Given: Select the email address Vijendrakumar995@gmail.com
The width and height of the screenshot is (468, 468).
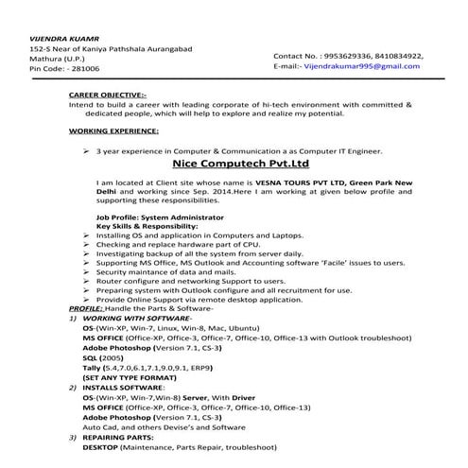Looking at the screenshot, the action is (x=360, y=66).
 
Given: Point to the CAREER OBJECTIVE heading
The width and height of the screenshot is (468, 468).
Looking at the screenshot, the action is (x=108, y=95).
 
